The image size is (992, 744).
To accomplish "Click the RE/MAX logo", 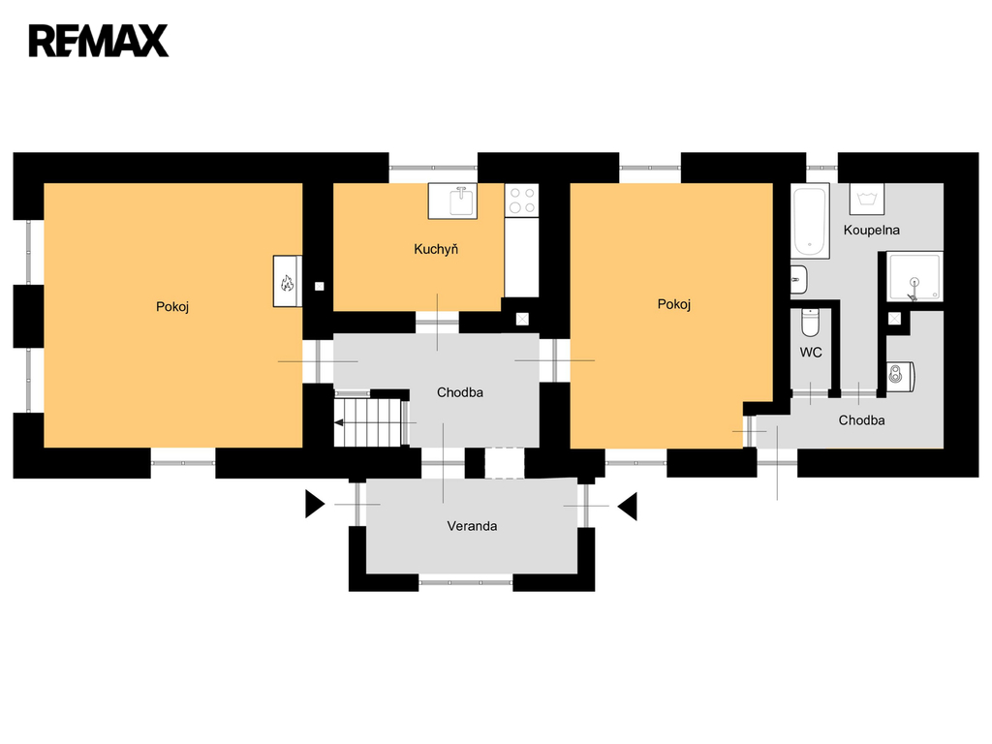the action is pos(99,41).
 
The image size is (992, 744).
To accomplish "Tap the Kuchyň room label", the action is pos(436,249).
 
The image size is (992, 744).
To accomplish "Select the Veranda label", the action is pos(472,526).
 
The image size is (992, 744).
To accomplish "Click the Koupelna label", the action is pos(871,231).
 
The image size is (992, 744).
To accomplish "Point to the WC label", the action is pos(811,353).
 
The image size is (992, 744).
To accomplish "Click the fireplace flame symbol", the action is pos(287,282).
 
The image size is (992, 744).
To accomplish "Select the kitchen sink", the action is pos(452,201).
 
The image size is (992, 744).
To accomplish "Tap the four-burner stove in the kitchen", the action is pos(522,200).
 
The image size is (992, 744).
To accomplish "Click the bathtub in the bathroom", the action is pos(810,221).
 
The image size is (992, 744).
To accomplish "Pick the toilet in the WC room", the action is pos(810,322).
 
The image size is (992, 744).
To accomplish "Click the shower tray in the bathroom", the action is pos(914,276).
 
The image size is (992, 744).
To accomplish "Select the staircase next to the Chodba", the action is pos(369,421).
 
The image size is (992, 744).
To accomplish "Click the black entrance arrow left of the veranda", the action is pos(315,504).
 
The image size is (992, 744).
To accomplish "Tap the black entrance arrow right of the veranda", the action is pos(628,506).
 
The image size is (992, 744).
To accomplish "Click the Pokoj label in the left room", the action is pos(172,307).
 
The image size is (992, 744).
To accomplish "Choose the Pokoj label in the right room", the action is pos(674,305).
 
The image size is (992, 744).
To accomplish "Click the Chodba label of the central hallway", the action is pos(460,393).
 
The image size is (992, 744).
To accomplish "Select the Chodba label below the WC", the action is pos(861,420).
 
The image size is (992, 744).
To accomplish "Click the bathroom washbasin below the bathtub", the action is pos(799,280).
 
